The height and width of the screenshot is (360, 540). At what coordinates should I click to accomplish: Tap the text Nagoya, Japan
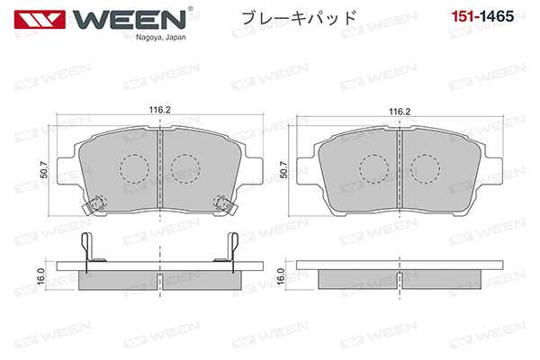click(x=161, y=38)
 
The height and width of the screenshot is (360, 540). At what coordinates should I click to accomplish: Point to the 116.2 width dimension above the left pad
click(x=160, y=112)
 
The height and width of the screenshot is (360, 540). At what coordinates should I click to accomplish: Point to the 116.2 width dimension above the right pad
click(x=400, y=112)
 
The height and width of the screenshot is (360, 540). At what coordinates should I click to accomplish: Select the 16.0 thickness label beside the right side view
click(x=280, y=276)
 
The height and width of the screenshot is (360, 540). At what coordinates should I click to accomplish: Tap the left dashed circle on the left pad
click(x=134, y=166)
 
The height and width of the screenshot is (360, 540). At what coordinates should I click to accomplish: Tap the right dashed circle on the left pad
click(x=185, y=166)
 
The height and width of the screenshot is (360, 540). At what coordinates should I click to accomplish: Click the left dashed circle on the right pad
click(x=373, y=166)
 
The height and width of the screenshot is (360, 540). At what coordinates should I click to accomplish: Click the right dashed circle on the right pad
click(x=424, y=166)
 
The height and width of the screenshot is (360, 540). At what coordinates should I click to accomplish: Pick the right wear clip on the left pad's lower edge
click(x=221, y=205)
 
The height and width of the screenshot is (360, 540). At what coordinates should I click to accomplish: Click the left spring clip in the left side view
click(x=85, y=250)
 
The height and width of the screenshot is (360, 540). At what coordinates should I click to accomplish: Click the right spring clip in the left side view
click(x=232, y=250)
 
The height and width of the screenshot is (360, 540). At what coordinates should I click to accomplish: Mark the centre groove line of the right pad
click(x=399, y=169)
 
